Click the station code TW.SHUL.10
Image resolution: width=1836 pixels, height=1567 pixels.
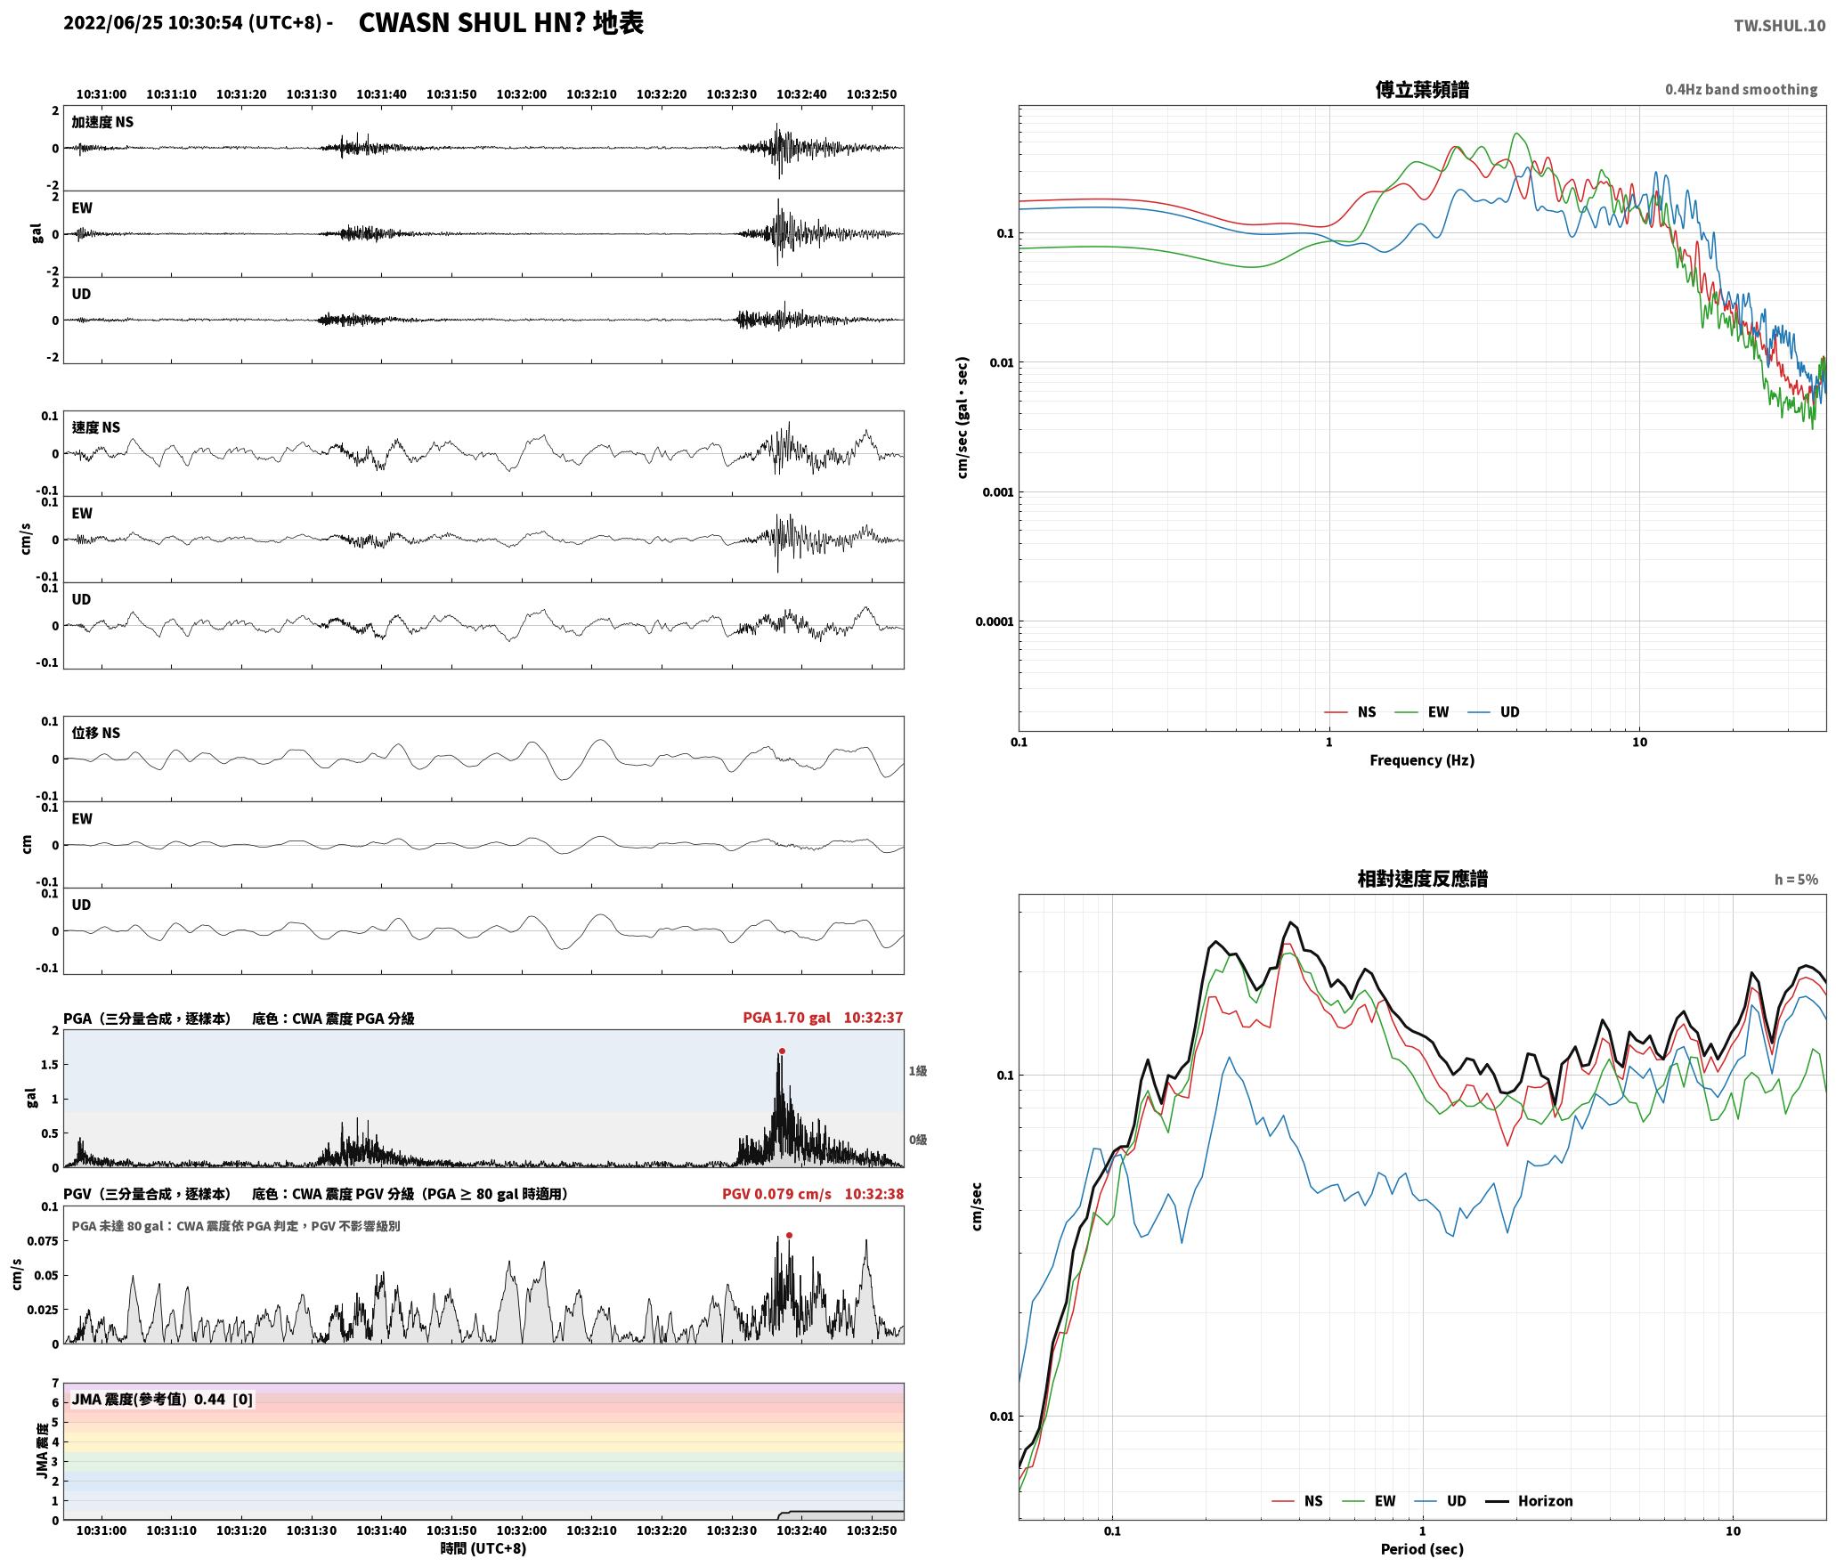click(x=1779, y=26)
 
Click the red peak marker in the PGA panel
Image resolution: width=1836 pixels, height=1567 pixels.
click(x=782, y=1051)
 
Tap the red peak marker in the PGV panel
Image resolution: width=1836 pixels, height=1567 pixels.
click(x=789, y=1235)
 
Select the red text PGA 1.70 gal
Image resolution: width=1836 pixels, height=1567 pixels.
click(x=786, y=1018)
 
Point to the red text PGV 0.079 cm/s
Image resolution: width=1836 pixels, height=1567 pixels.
click(x=776, y=1194)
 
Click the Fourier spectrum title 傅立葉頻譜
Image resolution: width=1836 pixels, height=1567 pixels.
click(x=1422, y=90)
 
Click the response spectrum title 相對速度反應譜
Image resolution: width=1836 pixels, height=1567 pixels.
click(x=1422, y=879)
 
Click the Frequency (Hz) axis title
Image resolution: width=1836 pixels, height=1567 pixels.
click(x=1422, y=760)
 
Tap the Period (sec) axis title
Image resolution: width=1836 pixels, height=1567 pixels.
click(x=1422, y=1549)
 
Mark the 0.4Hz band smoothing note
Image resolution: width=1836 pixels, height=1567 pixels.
click(x=1742, y=90)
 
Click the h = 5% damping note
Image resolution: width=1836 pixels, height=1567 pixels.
click(x=1796, y=880)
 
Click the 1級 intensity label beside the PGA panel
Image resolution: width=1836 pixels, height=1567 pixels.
click(x=918, y=1071)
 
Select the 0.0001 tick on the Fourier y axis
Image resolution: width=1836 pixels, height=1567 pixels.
click(x=995, y=621)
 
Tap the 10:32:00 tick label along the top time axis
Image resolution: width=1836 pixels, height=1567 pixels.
click(x=522, y=94)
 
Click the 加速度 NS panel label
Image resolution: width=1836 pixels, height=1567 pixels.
click(x=102, y=122)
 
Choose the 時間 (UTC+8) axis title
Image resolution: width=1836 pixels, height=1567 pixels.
click(x=483, y=1549)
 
